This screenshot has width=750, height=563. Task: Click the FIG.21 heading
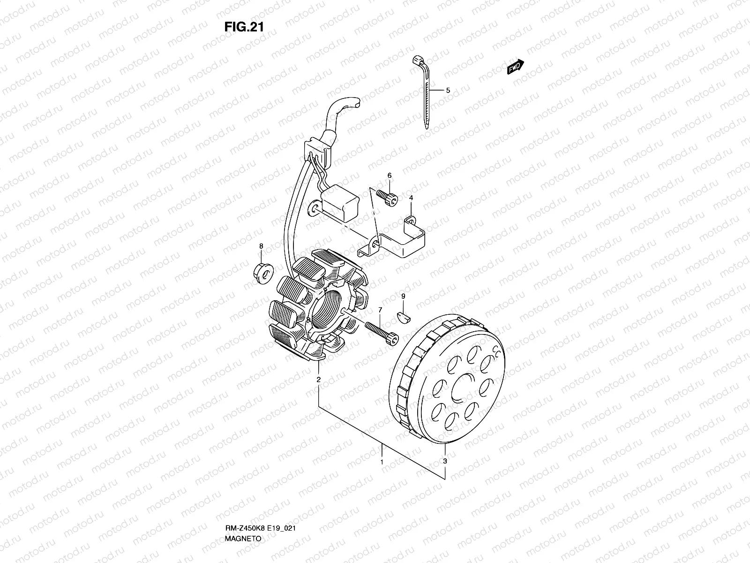[244, 26]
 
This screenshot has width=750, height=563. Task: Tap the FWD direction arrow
[515, 68]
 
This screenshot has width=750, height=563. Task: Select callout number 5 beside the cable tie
[448, 90]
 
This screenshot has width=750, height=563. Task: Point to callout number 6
[389, 175]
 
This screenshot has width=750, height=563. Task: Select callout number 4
[411, 198]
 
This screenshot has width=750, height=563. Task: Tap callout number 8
[262, 246]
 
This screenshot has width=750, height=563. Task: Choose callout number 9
[403, 296]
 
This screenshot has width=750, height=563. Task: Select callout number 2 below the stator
[318, 380]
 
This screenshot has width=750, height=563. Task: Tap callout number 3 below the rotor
[445, 461]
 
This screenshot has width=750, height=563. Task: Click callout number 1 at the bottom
[382, 462]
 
